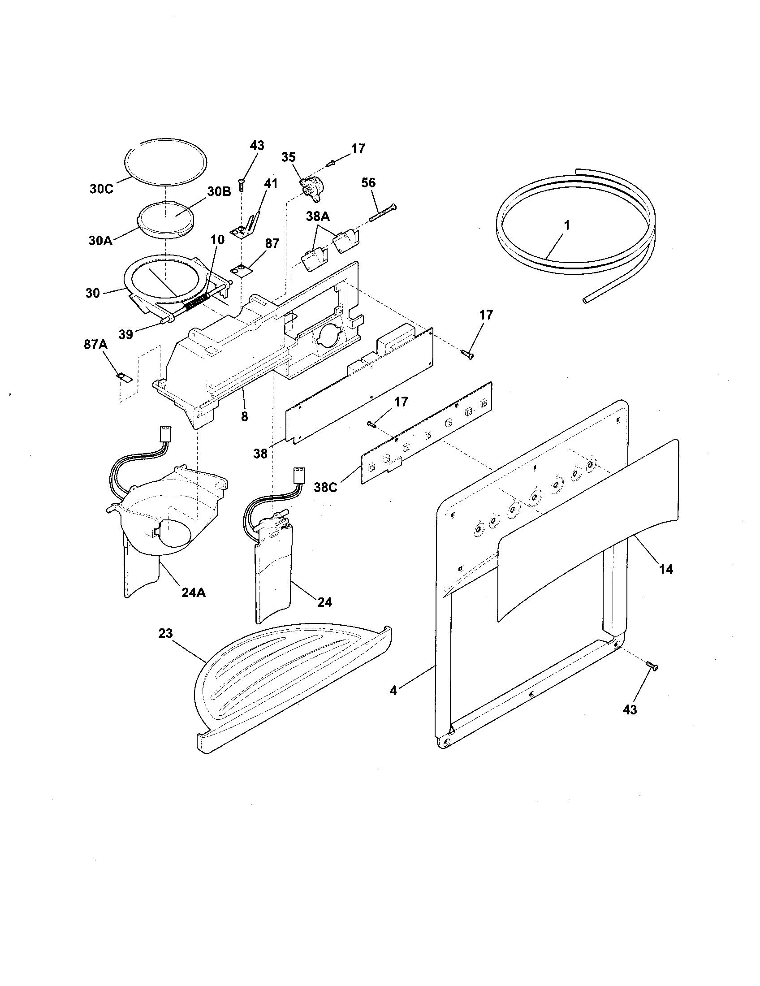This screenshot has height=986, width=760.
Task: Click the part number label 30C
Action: (x=101, y=189)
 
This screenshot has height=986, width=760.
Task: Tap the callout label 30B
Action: (x=219, y=191)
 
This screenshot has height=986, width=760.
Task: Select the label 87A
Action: (x=95, y=345)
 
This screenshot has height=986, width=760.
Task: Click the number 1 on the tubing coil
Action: (x=567, y=225)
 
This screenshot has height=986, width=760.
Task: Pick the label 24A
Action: (x=194, y=593)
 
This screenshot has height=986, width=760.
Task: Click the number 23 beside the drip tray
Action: (x=165, y=633)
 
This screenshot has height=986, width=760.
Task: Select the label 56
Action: (x=368, y=183)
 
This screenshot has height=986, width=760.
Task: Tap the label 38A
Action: (x=318, y=217)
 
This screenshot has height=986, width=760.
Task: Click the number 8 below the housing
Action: (x=244, y=416)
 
